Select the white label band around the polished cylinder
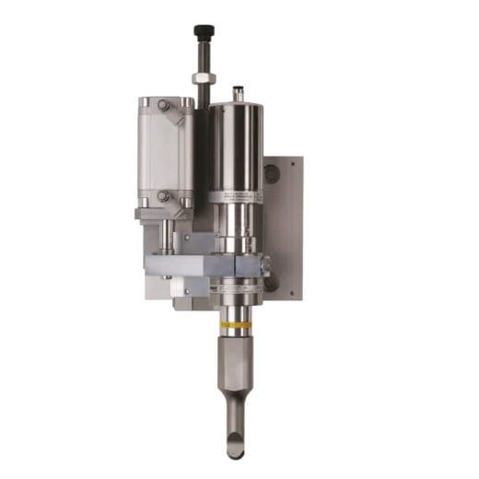[x=236, y=196]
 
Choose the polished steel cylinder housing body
[x=236, y=147]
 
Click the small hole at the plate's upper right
[x=295, y=163]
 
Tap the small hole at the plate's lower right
[x=295, y=288]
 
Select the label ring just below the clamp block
[x=236, y=288]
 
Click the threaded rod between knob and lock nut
[x=201, y=55]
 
